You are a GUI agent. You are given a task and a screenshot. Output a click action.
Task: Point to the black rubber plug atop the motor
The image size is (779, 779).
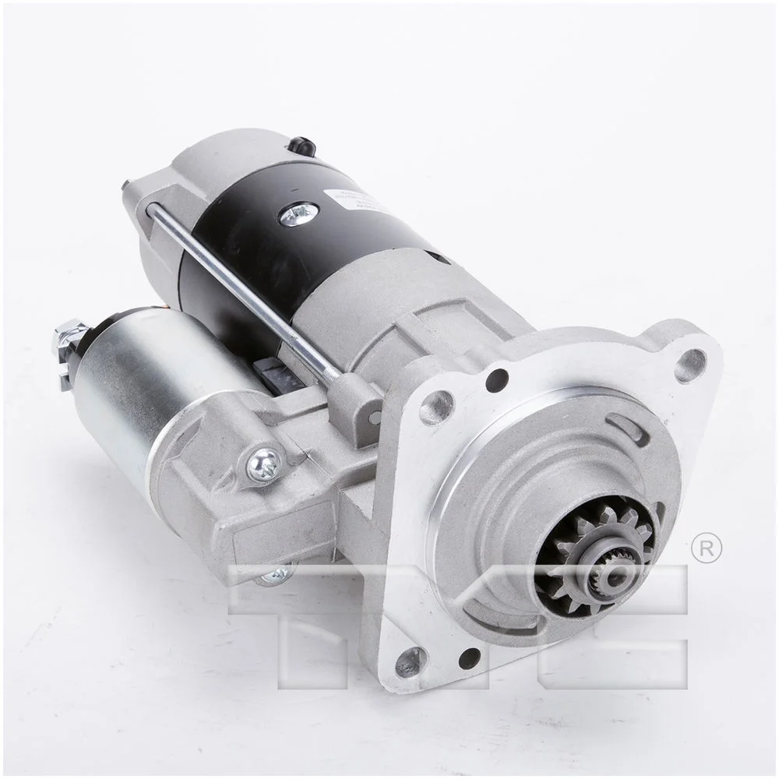(x=300, y=145)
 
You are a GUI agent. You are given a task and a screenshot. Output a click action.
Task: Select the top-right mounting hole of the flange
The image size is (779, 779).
(x=690, y=364)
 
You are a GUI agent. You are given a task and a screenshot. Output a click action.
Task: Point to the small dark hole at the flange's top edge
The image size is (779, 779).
(x=495, y=380)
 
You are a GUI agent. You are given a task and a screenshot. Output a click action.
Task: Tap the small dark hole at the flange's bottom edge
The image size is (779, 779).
(x=469, y=658)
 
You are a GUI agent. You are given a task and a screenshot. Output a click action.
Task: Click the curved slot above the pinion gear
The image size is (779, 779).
(x=628, y=427)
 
